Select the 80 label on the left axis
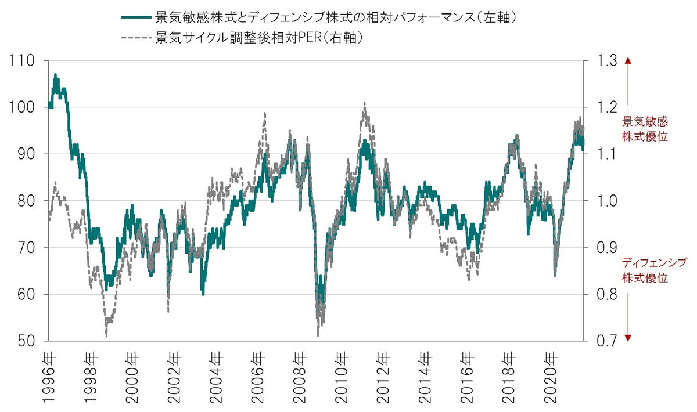[25, 201]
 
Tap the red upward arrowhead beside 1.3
[627, 60]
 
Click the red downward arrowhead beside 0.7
[627, 338]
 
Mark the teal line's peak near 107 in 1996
[56, 75]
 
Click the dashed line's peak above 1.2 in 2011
[364, 103]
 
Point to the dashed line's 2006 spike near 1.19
[265, 113]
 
